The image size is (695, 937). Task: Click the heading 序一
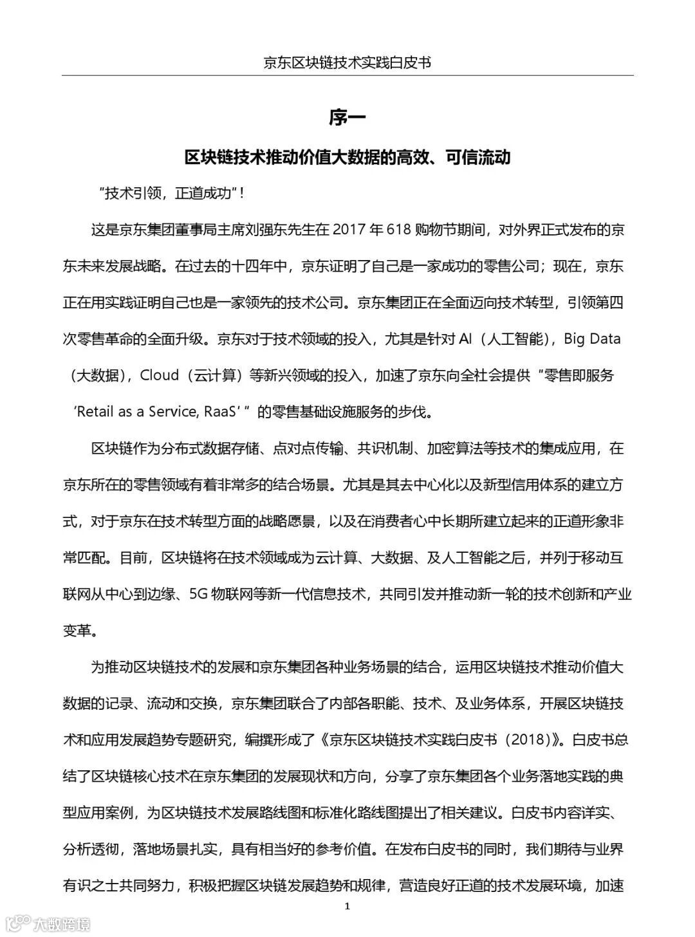point(347,118)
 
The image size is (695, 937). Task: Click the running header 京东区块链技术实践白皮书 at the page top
point(347,62)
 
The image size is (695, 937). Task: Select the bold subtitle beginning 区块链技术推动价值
point(347,157)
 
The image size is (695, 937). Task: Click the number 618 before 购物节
point(399,230)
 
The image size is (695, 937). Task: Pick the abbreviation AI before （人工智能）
point(466,339)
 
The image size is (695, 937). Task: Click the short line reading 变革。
point(80,631)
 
